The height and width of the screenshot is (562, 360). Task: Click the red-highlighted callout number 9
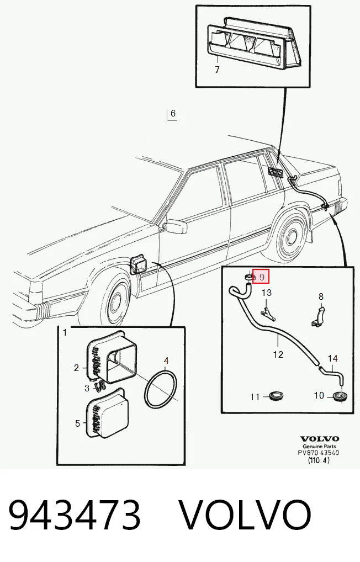click(262, 277)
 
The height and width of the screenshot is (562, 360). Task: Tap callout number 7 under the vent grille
click(217, 69)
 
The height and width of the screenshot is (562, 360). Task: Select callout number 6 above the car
click(173, 113)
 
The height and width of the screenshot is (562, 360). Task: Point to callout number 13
click(267, 293)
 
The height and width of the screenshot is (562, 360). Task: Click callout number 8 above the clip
click(321, 296)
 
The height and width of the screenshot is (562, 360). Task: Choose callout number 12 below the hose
click(278, 354)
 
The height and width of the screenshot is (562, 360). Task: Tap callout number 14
click(333, 358)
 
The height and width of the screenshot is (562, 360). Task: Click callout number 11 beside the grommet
click(255, 397)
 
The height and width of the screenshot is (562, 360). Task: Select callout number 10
click(319, 395)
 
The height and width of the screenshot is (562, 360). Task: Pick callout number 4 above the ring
click(166, 360)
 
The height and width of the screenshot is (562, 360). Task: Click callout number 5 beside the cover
click(77, 423)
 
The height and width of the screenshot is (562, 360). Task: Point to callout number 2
click(76, 368)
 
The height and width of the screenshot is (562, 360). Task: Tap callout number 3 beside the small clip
click(87, 388)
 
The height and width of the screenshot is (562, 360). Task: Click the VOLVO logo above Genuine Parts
click(320, 439)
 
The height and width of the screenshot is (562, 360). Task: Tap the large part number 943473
click(74, 515)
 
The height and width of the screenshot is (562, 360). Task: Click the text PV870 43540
click(319, 453)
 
